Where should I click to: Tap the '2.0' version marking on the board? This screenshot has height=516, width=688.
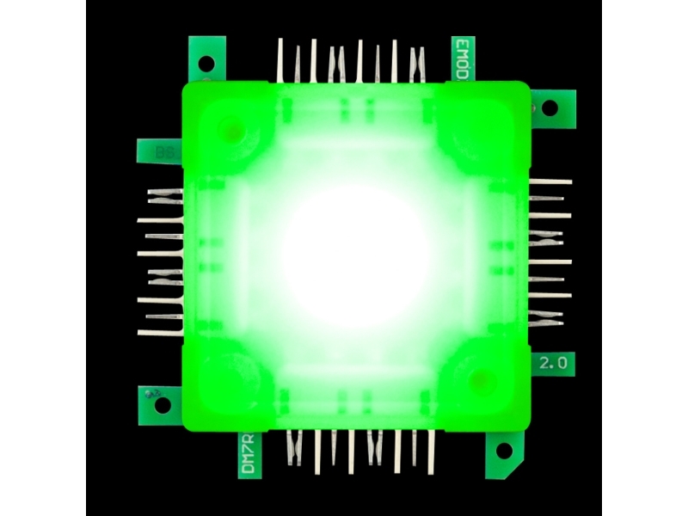pyautogui.click(x=552, y=364)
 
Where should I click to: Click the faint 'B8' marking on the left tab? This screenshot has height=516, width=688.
pyautogui.click(x=162, y=152)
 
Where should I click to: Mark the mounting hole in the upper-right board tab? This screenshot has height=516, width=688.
pyautogui.click(x=549, y=108)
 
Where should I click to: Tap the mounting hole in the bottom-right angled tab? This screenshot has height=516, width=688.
pyautogui.click(x=504, y=450)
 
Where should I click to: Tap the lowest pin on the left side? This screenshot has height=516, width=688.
pyautogui.click(x=159, y=332)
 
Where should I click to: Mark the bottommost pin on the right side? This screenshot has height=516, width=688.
pyautogui.click(x=547, y=323)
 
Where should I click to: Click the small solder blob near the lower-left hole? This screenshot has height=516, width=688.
pyautogui.click(x=152, y=394)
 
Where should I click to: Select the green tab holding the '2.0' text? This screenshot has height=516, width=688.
pyautogui.click(x=554, y=365)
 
